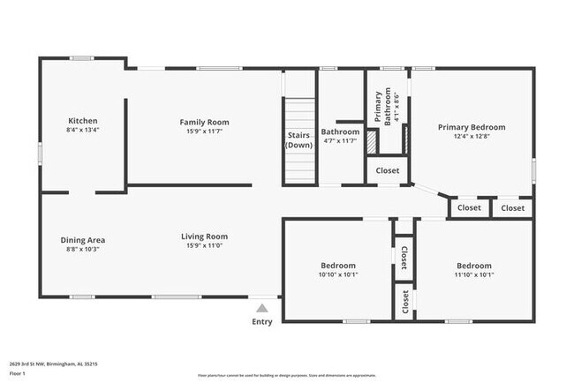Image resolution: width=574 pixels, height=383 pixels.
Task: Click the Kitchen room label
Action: point(83,121)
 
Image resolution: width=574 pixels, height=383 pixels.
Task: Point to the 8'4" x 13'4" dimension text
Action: point(83,131)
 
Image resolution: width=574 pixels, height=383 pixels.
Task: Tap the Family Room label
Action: point(204,122)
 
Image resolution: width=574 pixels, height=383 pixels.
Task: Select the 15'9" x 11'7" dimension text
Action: point(204,131)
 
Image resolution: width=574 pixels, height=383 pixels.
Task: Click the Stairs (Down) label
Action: point(299,140)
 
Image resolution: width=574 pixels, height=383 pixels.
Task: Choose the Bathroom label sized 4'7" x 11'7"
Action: point(340,131)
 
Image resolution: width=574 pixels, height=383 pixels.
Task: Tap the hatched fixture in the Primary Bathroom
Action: point(372,141)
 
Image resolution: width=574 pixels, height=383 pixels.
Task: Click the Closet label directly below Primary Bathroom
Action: point(388,170)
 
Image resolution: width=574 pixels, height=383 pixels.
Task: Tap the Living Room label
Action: point(204,236)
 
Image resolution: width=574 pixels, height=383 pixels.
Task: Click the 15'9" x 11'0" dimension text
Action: point(204,246)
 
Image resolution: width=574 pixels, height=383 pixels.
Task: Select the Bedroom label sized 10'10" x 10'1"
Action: point(337,265)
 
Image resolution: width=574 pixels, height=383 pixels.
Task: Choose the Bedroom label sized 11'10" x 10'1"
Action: point(474,265)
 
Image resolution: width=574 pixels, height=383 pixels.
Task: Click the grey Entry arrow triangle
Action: point(261,309)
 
